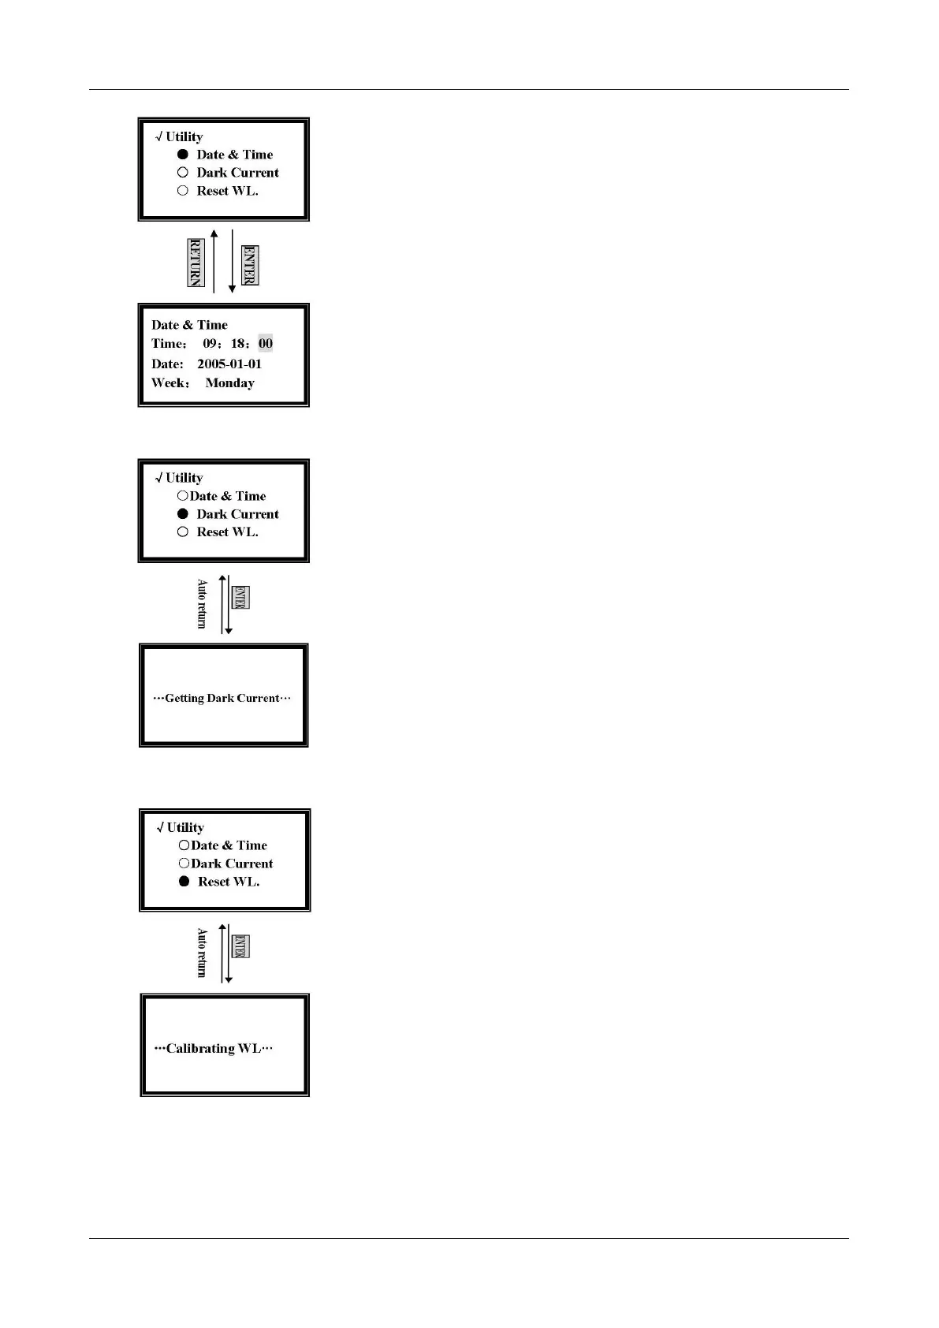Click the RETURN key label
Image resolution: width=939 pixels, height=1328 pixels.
click(x=196, y=262)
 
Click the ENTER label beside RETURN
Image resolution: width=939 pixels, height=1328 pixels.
click(x=249, y=265)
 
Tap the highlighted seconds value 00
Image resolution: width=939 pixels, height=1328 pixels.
click(x=266, y=343)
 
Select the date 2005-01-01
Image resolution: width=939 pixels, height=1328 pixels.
click(x=229, y=364)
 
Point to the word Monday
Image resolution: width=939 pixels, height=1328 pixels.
click(x=229, y=383)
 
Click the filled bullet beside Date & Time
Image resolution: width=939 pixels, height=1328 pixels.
click(x=183, y=155)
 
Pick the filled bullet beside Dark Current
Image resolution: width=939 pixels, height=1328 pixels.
click(x=183, y=514)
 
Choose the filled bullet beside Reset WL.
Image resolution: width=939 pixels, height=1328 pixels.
click(x=184, y=882)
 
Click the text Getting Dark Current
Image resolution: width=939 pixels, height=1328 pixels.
click(x=222, y=698)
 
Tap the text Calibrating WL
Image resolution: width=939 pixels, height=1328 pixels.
click(x=214, y=1048)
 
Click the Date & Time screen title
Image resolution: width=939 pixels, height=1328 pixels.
click(x=189, y=325)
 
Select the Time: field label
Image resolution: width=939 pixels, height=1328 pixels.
click(x=169, y=344)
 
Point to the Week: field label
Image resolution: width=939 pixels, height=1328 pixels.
click(x=170, y=383)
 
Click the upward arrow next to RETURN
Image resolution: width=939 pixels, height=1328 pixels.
click(x=214, y=260)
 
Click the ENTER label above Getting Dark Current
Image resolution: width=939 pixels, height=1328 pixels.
click(x=240, y=598)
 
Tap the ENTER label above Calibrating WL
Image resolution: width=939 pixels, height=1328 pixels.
click(x=240, y=946)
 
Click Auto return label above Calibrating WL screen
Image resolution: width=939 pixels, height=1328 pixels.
click(x=202, y=953)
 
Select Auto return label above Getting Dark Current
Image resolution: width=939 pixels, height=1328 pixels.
click(x=202, y=604)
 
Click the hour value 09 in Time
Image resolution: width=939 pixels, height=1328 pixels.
click(x=211, y=343)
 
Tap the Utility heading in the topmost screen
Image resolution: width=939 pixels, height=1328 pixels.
click(x=184, y=136)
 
